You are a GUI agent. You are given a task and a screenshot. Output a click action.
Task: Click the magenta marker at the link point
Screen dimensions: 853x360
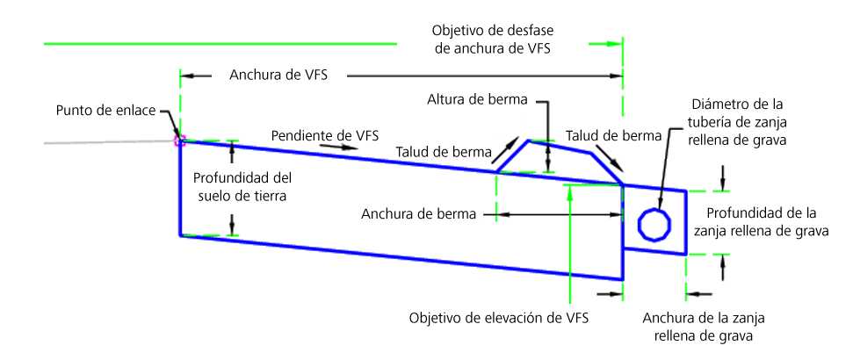179,141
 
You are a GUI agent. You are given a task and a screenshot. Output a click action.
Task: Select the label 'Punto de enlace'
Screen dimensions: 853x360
105,111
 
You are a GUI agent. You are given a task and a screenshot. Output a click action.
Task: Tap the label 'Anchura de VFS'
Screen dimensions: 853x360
278,75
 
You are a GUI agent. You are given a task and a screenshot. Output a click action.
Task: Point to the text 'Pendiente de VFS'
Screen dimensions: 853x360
325,133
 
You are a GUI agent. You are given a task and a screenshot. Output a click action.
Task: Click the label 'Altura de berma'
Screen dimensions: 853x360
477,100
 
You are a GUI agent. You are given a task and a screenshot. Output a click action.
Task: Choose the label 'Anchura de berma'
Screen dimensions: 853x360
419,214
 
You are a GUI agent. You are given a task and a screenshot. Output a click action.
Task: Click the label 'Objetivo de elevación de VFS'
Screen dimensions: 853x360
499,318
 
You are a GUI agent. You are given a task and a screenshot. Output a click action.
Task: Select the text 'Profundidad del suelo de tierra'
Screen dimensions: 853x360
243,186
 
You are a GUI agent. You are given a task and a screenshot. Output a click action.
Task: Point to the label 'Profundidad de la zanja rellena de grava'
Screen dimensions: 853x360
761,221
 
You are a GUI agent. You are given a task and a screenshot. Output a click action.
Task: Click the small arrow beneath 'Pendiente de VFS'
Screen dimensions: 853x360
335,146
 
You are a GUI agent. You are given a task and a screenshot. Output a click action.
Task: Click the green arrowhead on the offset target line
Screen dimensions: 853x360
614,44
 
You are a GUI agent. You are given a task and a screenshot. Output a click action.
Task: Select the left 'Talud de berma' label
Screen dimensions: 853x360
444,152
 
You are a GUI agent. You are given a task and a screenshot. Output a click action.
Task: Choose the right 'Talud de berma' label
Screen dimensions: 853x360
613,135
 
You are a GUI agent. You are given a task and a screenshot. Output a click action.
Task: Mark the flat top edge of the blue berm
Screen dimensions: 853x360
559,147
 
